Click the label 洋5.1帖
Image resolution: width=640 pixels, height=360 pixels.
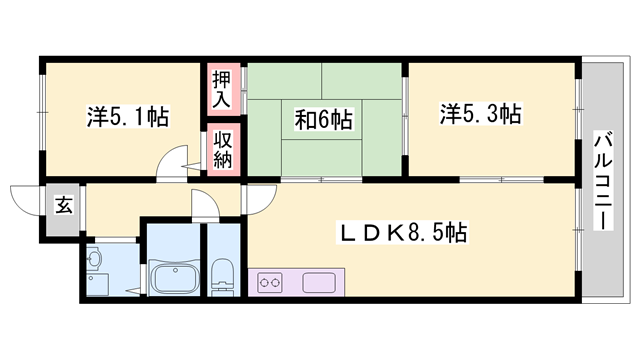pos(127,116)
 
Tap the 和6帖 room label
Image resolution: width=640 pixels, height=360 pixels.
pos(322,120)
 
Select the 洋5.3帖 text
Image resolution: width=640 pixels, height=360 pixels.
pos(480,113)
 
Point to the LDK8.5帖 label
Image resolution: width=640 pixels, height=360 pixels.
pos(405,234)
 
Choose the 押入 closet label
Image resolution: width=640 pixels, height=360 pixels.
pos(221,88)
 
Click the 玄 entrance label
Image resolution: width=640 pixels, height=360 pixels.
pos(62,206)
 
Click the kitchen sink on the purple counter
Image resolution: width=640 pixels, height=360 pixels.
pos(320,282)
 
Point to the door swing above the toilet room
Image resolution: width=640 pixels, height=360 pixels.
pos(204,205)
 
